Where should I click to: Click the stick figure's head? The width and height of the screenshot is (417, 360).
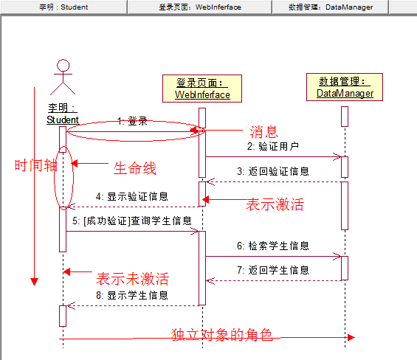click(63, 65)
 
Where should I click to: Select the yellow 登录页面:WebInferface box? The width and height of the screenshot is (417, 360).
click(202, 89)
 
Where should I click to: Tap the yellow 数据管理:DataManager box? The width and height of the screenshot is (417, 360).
click(345, 87)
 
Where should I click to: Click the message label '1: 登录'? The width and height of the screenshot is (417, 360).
click(132, 121)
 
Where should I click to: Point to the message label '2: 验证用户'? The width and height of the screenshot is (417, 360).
click(273, 146)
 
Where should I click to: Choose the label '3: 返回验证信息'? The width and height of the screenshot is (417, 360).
click(273, 171)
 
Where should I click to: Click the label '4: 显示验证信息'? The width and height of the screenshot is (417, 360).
click(131, 196)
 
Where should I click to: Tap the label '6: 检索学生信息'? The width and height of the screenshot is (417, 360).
click(273, 246)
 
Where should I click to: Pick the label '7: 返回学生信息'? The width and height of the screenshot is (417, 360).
click(273, 270)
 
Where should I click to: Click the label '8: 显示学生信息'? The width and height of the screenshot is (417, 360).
click(131, 295)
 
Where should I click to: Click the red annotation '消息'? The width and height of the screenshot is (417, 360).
click(263, 132)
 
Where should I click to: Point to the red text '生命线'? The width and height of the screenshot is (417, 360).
click(134, 168)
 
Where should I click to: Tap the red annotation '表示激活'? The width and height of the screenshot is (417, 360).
click(275, 204)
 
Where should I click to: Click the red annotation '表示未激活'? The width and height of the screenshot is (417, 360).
click(132, 279)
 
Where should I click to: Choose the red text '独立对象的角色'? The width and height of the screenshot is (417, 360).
click(221, 335)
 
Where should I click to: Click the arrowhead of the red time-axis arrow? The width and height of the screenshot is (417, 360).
click(34, 281)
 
